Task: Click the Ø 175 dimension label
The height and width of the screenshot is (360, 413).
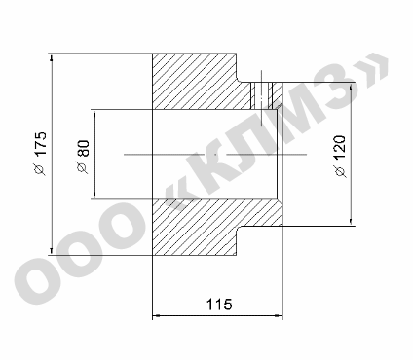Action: pos(41,154)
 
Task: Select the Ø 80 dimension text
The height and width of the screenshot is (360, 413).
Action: pos(82,157)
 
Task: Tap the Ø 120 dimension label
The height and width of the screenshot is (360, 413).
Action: pos(340,157)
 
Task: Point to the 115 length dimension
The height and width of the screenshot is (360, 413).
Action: pos(219,305)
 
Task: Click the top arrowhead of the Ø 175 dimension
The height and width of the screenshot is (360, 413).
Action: pos(52,58)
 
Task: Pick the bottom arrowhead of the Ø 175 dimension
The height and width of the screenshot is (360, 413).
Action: pos(52,251)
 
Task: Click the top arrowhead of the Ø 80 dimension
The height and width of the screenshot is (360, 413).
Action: pos(94,114)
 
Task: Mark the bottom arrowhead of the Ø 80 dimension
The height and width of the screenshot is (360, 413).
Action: pos(94,195)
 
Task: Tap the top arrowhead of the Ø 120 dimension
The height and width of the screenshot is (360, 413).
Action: pos(351,88)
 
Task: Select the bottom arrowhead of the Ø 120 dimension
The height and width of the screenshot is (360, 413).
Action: pos(351,221)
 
